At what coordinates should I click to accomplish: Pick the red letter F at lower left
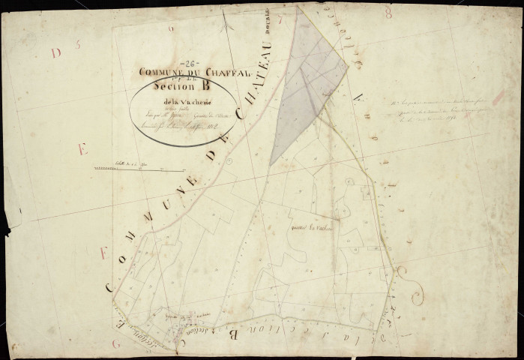tap(102, 253)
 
